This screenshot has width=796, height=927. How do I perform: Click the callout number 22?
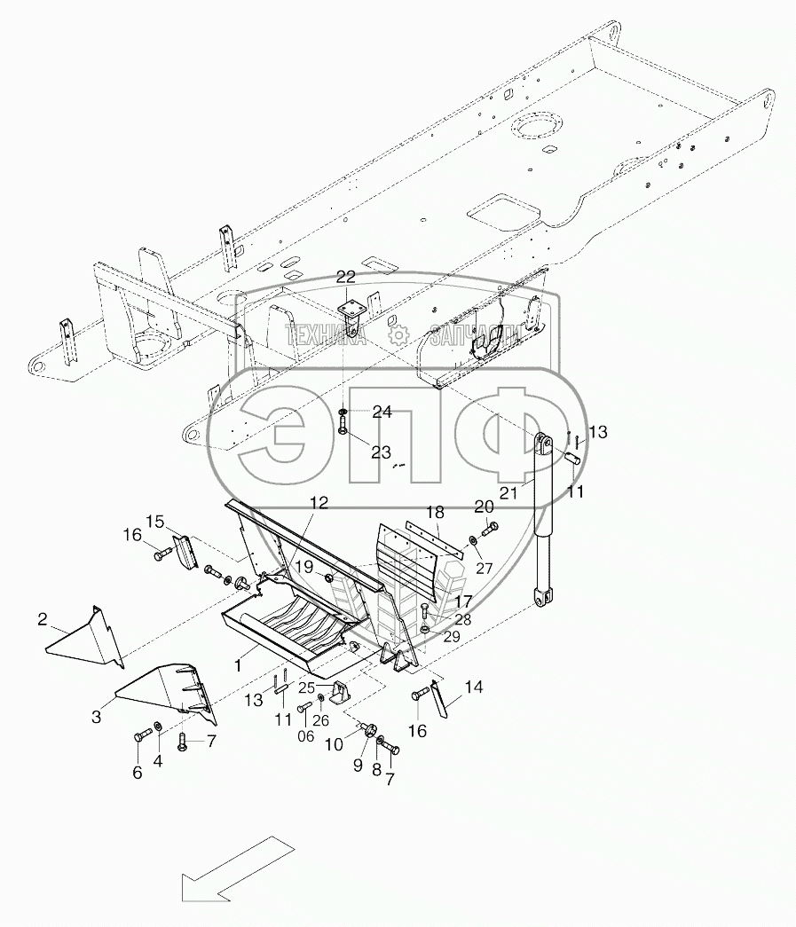tap(346, 277)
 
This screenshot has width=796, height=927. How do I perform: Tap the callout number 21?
tap(508, 492)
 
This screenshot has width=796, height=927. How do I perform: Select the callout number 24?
tap(382, 412)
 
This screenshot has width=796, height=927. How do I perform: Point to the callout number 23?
tap(381, 452)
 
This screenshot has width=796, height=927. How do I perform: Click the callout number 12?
tap(319, 502)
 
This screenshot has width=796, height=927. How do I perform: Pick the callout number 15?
tap(155, 522)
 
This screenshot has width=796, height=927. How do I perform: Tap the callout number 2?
tap(42, 619)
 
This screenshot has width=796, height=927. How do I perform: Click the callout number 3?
tap(96, 717)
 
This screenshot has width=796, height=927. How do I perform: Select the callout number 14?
tap(473, 687)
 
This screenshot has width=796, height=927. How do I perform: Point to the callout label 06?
tap(306, 736)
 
